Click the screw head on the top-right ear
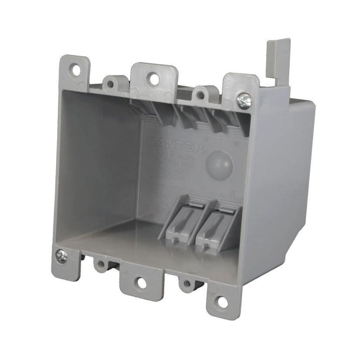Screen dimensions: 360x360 coord(243,100)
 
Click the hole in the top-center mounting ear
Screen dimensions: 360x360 coord(153,79)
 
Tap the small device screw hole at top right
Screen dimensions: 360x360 coord(201,92)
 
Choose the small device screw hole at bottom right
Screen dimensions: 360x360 coord(187,284)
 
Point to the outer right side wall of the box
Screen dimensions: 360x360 coord(283,183)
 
